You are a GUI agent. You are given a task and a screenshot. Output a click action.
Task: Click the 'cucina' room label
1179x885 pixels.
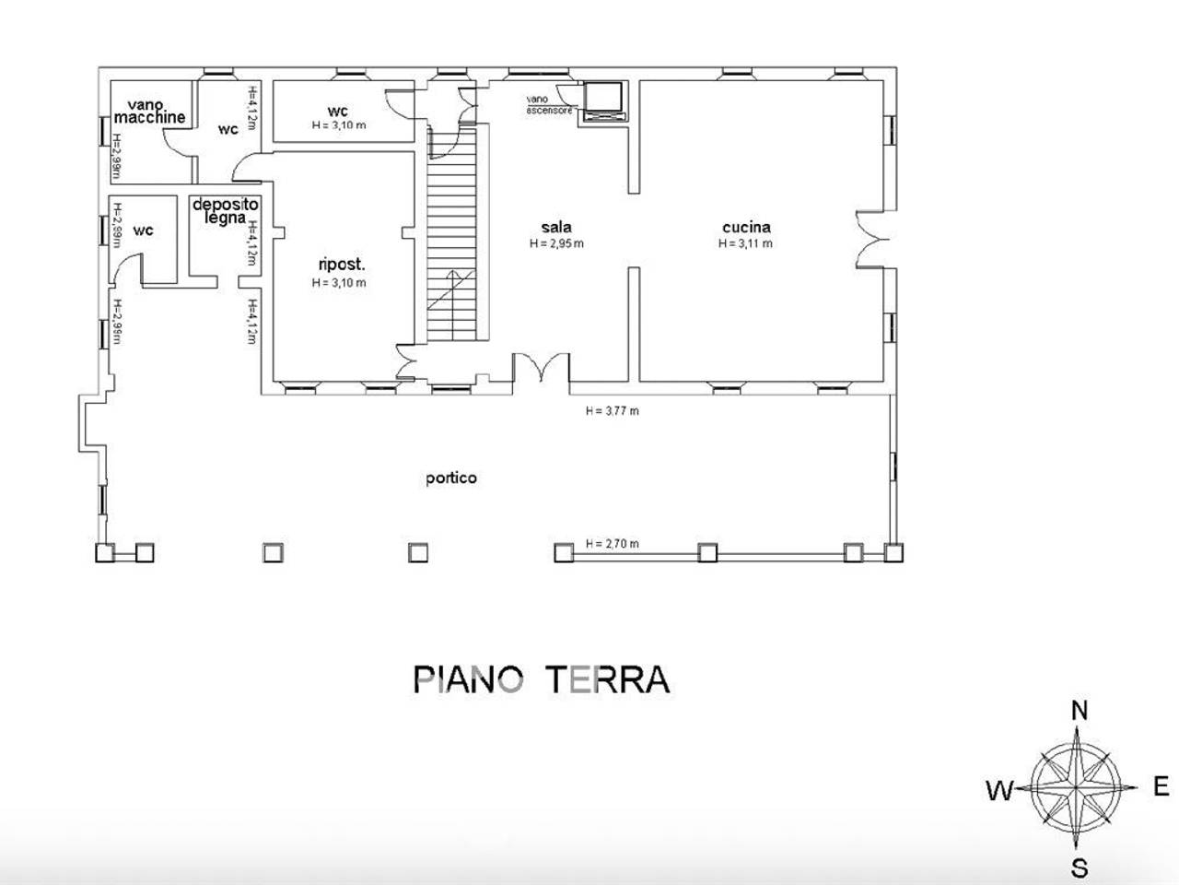click(746, 227)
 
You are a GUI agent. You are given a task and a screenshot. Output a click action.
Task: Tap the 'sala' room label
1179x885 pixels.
click(556, 227)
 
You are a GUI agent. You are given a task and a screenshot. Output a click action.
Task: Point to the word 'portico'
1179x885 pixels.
click(451, 478)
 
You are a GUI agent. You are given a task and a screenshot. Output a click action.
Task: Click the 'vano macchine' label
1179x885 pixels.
click(150, 112)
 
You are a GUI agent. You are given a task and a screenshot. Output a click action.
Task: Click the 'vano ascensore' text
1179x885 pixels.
click(549, 105)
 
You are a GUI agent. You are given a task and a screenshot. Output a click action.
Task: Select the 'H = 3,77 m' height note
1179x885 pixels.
click(612, 411)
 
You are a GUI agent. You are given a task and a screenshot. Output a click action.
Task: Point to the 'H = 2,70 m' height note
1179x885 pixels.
click(612, 544)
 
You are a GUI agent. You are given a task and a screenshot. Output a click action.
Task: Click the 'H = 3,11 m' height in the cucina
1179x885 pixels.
click(745, 244)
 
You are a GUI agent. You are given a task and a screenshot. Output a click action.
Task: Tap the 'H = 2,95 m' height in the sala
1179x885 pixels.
click(556, 244)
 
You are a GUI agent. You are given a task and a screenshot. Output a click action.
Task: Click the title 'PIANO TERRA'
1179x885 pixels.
click(541, 679)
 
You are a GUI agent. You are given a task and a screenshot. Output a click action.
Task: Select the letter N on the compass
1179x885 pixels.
click(1080, 710)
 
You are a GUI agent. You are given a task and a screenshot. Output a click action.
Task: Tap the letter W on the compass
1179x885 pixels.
click(999, 790)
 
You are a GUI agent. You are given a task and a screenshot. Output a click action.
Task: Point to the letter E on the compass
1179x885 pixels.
click(1161, 786)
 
